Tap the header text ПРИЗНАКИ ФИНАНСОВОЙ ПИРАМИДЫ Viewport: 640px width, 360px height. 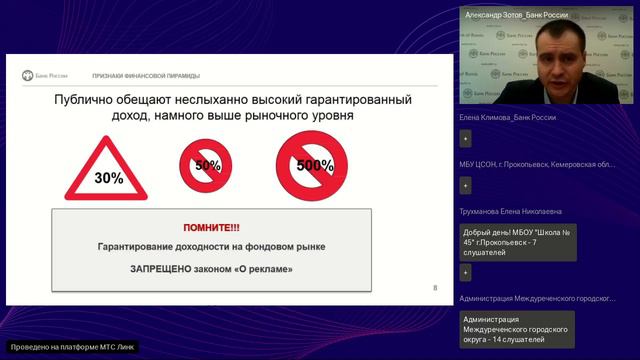pyautogui.click(x=146, y=75)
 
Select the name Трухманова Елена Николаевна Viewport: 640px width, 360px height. pyautogui.click(x=510, y=211)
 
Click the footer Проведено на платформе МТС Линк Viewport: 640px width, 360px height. pyautogui.click(x=70, y=347)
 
